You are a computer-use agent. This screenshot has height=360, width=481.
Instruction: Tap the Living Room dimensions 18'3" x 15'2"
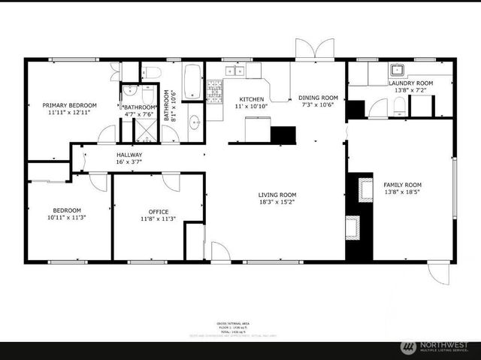click(277, 202)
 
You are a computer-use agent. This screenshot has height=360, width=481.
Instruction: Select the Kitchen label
click(251, 99)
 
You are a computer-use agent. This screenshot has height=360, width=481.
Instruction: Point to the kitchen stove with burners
click(214, 93)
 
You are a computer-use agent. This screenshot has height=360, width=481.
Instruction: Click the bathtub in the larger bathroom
click(192, 82)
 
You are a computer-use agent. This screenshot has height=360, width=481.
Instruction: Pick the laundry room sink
click(396, 71)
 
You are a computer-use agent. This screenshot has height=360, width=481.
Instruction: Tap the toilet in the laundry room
click(379, 107)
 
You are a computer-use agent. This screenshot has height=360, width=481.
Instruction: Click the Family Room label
click(402, 184)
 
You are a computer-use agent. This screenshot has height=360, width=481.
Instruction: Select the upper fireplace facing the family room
click(365, 189)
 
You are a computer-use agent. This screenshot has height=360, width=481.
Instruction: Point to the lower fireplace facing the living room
click(352, 225)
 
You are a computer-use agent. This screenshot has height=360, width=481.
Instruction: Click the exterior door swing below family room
click(439, 273)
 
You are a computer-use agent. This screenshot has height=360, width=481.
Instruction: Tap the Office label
click(159, 211)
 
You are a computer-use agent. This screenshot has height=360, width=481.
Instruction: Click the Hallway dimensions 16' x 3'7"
click(129, 162)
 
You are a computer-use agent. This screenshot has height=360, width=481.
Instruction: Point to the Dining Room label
click(318, 97)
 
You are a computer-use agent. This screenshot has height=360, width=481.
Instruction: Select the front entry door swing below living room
click(220, 252)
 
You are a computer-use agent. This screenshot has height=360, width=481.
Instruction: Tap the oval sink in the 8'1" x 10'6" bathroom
click(194, 123)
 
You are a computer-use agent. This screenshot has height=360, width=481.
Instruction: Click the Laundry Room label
click(410, 83)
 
